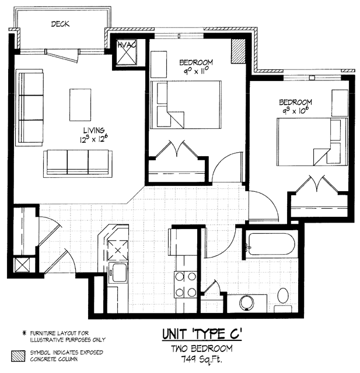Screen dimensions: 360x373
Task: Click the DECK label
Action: (x=60, y=24)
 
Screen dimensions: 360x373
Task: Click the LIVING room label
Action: (x=94, y=130)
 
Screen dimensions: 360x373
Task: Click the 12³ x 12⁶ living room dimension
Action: (x=93, y=139)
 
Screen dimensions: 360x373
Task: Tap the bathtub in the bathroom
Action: (x=272, y=244)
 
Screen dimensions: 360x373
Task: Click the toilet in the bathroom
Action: (x=283, y=300)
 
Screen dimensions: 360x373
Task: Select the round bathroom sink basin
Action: (x=247, y=302)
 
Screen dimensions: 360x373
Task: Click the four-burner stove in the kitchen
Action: (x=186, y=284)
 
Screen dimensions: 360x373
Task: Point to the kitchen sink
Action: (x=118, y=272)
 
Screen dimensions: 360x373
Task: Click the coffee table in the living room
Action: (x=81, y=105)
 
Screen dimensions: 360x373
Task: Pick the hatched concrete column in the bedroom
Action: (x=238, y=51)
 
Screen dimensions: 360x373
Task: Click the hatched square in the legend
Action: (x=18, y=356)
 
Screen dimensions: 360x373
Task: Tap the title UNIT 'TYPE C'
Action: (x=202, y=334)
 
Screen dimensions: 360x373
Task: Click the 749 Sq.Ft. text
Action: (x=201, y=358)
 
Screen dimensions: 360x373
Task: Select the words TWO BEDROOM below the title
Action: (x=202, y=349)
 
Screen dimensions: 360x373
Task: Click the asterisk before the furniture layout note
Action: (x=24, y=333)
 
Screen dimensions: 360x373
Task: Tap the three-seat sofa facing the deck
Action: (x=78, y=163)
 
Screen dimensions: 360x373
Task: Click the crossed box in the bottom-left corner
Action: (x=22, y=265)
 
